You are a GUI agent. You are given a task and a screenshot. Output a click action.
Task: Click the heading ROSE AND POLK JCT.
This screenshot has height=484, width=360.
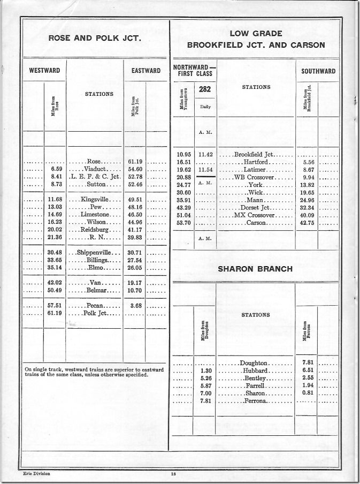click(x=94, y=38)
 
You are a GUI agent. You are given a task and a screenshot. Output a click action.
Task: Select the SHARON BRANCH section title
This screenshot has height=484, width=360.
click(x=255, y=269)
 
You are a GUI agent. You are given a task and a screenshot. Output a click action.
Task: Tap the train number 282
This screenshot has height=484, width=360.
click(x=205, y=90)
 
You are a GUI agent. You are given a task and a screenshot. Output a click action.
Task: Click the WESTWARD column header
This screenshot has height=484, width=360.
click(x=44, y=71)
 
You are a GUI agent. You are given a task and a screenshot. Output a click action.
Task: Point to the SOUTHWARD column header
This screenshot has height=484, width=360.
click(x=318, y=71)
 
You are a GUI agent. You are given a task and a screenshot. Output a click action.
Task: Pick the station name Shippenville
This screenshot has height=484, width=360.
click(x=94, y=252)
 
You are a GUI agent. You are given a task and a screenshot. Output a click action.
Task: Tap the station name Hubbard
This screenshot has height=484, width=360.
click(x=255, y=370)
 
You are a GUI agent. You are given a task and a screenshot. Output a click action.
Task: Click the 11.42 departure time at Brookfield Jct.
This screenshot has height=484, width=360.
click(x=205, y=155)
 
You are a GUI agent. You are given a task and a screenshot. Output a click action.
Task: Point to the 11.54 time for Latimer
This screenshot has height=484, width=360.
click(x=205, y=170)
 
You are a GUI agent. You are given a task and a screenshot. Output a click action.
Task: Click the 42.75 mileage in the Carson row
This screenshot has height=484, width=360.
click(x=308, y=222)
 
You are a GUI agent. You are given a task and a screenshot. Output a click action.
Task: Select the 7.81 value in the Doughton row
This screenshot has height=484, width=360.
click(x=307, y=362)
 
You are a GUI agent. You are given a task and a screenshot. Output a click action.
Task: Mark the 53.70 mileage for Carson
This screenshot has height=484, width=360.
click(x=183, y=222)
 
